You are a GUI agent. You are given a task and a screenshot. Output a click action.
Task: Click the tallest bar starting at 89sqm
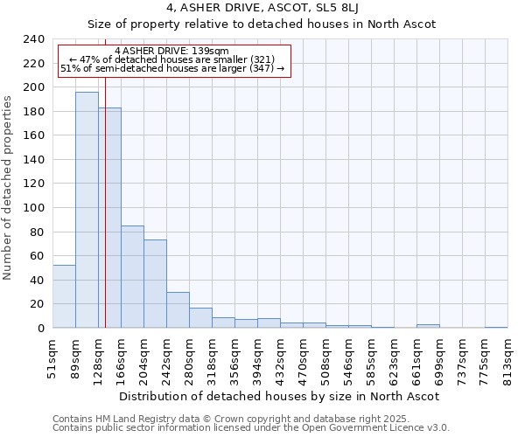click(x=87, y=210)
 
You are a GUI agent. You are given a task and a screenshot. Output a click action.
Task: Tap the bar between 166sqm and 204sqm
click(x=132, y=276)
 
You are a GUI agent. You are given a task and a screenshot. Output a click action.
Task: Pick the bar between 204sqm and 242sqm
click(x=155, y=283)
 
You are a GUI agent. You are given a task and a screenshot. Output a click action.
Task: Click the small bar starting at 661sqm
click(x=428, y=326)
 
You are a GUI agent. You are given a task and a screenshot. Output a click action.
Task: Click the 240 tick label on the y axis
click(x=34, y=39)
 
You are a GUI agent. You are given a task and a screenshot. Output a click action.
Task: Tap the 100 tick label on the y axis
click(x=34, y=208)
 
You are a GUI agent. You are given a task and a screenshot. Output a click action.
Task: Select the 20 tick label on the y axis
click(x=38, y=304)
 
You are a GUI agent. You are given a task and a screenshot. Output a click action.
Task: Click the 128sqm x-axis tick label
click(x=99, y=357)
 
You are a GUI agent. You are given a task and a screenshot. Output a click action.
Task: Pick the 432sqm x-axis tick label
click(x=281, y=357)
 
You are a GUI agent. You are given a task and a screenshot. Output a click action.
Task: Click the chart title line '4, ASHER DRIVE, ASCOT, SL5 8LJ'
click(x=262, y=9)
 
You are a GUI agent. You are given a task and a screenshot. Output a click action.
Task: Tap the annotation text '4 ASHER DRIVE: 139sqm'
click(x=171, y=52)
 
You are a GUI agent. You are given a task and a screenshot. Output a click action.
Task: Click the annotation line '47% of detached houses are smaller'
click(x=173, y=59)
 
